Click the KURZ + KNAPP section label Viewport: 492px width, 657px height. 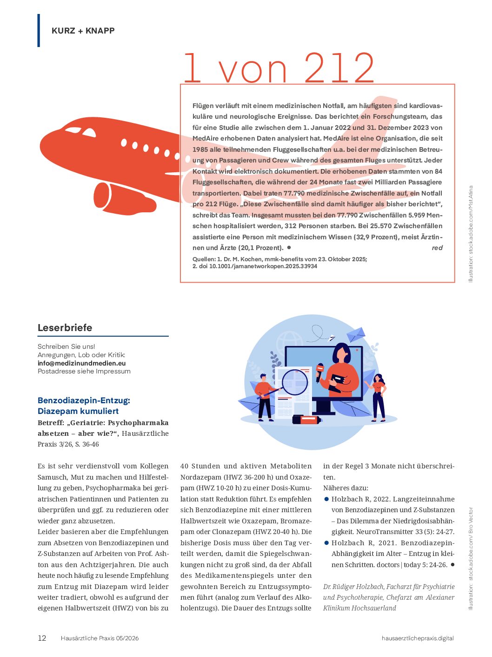click(83, 31)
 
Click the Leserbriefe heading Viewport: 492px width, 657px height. click(65, 327)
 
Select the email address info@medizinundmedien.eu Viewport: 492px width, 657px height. click(81, 363)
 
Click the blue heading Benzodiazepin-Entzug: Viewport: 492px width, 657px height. click(84, 400)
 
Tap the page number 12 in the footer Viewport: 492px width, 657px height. click(42, 638)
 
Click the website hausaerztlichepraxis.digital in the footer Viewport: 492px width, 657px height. click(417, 638)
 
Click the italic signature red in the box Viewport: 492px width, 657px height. click(437, 248)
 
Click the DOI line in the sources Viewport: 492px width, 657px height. click(255, 266)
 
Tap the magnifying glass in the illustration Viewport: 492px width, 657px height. click(295, 382)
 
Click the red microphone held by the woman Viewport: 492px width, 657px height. click(320, 369)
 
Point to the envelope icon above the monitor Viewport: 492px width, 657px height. click(356, 334)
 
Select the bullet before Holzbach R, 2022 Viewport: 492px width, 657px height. click(326, 499)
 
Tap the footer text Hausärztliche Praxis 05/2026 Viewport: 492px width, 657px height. click(100, 638)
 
